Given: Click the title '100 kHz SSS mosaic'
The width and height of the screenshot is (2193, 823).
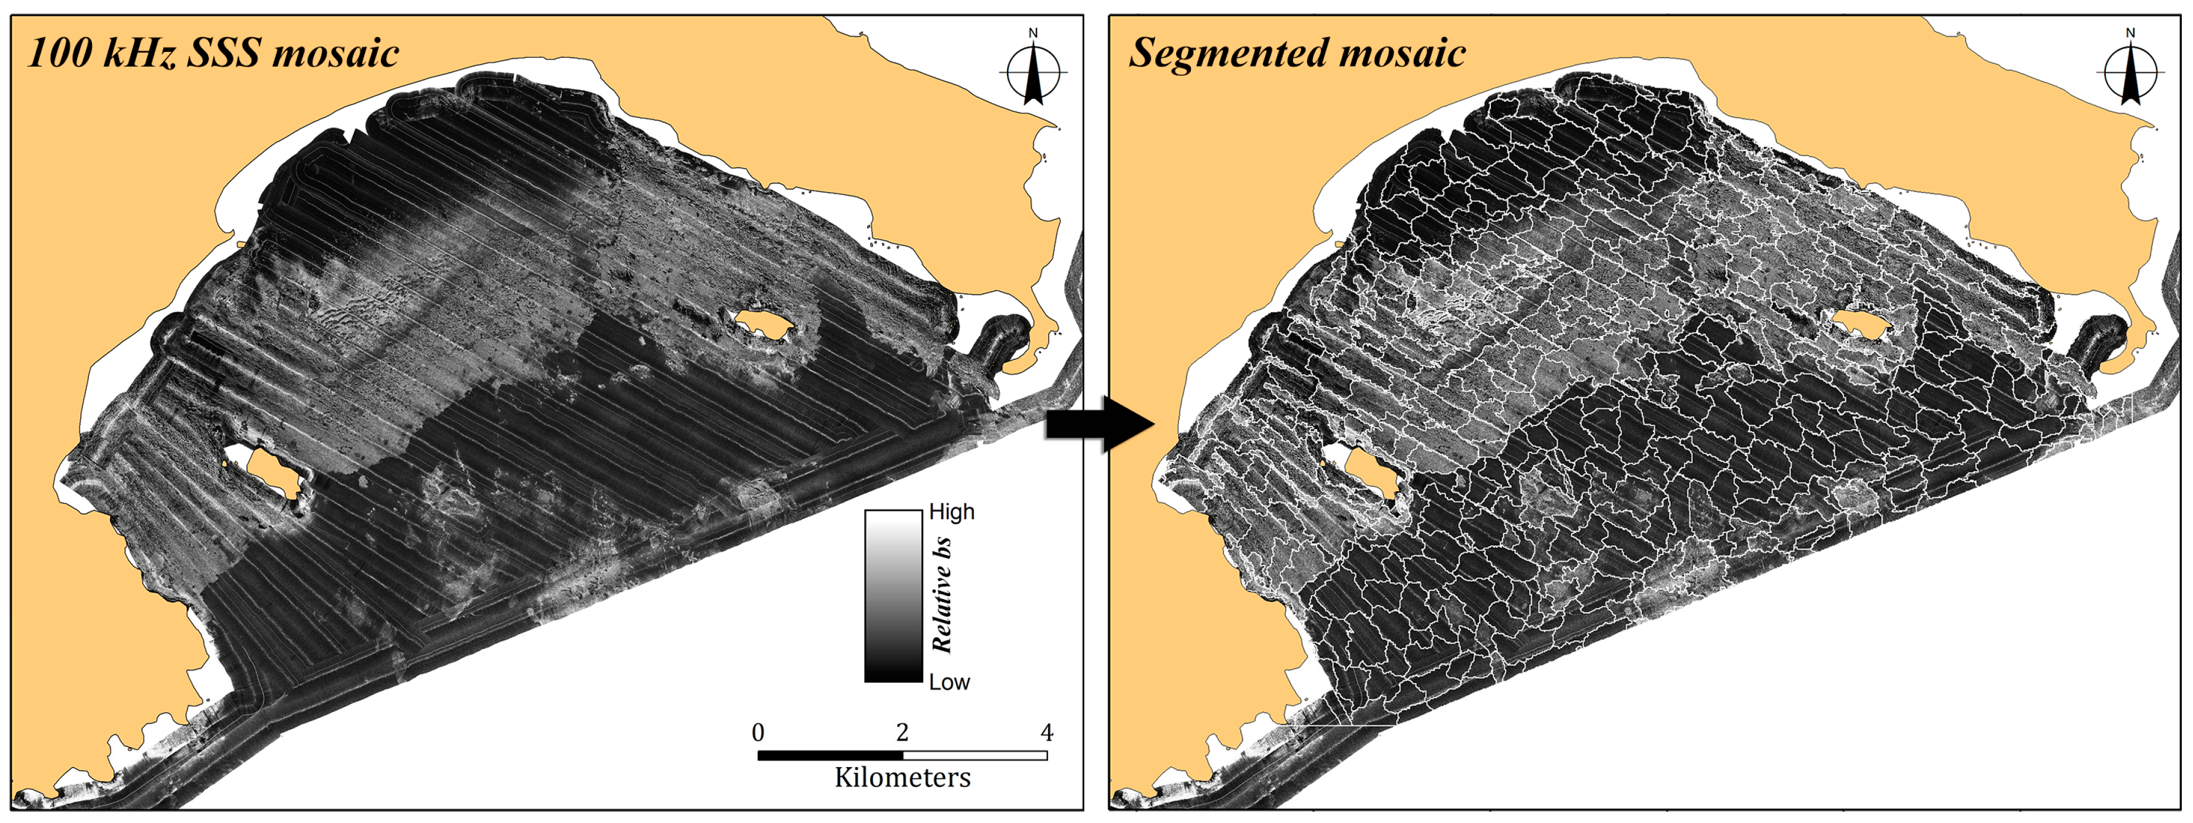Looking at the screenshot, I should (213, 53).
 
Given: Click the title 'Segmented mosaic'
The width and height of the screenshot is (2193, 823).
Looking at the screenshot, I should (1296, 53).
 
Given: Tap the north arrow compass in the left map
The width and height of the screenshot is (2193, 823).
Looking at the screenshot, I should (1033, 73).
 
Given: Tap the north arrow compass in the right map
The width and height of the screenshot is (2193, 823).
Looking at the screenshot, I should (2130, 73).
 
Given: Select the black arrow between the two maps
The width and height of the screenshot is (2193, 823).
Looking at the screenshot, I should (1099, 423).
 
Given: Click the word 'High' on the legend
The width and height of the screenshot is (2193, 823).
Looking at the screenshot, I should (951, 511).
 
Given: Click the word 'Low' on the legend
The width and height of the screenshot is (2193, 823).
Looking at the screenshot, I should (949, 682).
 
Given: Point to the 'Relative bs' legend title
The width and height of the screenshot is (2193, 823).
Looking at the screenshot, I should (941, 596).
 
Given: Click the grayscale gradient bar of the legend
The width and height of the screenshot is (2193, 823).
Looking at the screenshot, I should (893, 596).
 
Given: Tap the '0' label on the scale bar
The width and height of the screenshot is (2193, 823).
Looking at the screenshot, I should (758, 732).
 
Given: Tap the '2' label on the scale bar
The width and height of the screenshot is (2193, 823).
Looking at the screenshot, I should (903, 732).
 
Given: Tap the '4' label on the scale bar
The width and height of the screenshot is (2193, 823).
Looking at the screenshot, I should (1046, 732).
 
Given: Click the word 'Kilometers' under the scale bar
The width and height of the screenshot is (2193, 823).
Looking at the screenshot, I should (903, 777).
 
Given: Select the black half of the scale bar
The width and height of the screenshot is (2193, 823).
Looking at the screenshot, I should (830, 755).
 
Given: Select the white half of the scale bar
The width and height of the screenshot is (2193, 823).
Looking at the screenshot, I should (974, 755).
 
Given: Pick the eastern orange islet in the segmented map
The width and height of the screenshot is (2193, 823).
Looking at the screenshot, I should (1861, 323).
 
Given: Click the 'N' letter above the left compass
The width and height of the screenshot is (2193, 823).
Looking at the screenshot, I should (1033, 33).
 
